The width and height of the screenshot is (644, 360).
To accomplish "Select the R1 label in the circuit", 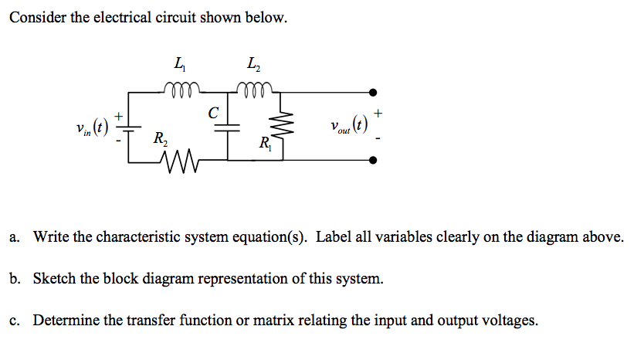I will coord(265,142).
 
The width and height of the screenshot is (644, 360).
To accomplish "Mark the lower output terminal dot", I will coord(374,161).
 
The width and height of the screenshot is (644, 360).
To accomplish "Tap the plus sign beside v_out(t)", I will coord(378,114).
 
